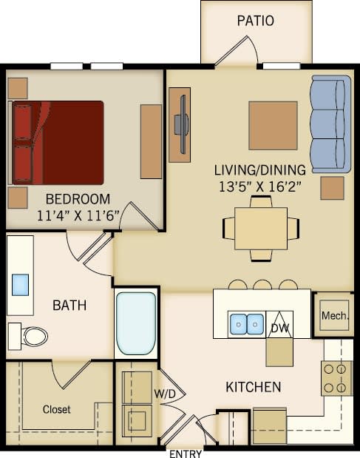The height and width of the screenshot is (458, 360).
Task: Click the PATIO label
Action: pos(256,21)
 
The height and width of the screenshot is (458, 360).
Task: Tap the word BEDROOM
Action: pos(78,199)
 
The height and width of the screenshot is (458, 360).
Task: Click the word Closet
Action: pos(56,409)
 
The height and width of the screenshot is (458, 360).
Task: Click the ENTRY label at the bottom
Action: pos(186,453)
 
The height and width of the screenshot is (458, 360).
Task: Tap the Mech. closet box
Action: pos(334,316)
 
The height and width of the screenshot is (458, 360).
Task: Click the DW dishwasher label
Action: pos(279,326)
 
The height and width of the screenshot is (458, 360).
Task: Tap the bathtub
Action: pos(137,324)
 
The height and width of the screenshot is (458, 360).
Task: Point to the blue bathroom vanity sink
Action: pos(21,285)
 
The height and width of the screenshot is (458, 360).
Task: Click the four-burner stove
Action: pos(336,377)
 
